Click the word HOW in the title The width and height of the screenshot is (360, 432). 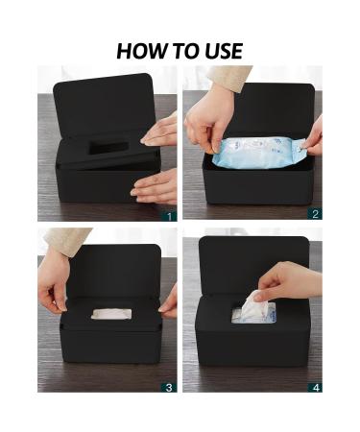(x=139, y=50)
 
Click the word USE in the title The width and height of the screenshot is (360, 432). (x=221, y=50)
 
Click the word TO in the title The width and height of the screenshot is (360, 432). (x=181, y=50)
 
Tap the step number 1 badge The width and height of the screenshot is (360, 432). (x=170, y=215)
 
